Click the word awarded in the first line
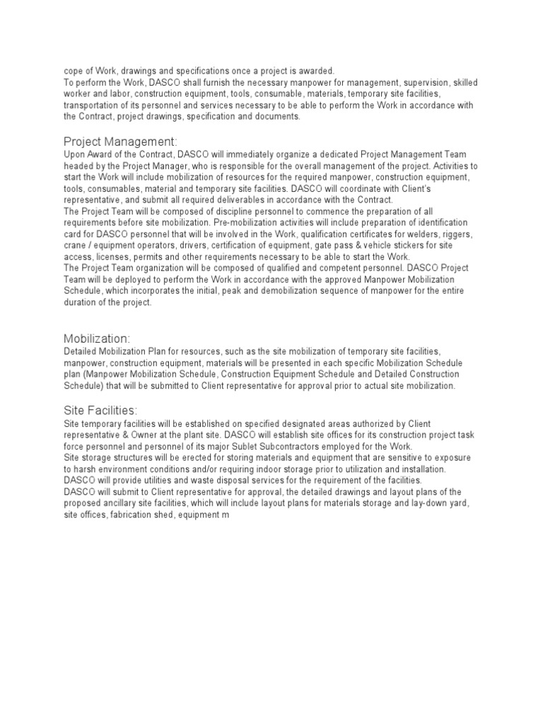coord(315,71)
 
